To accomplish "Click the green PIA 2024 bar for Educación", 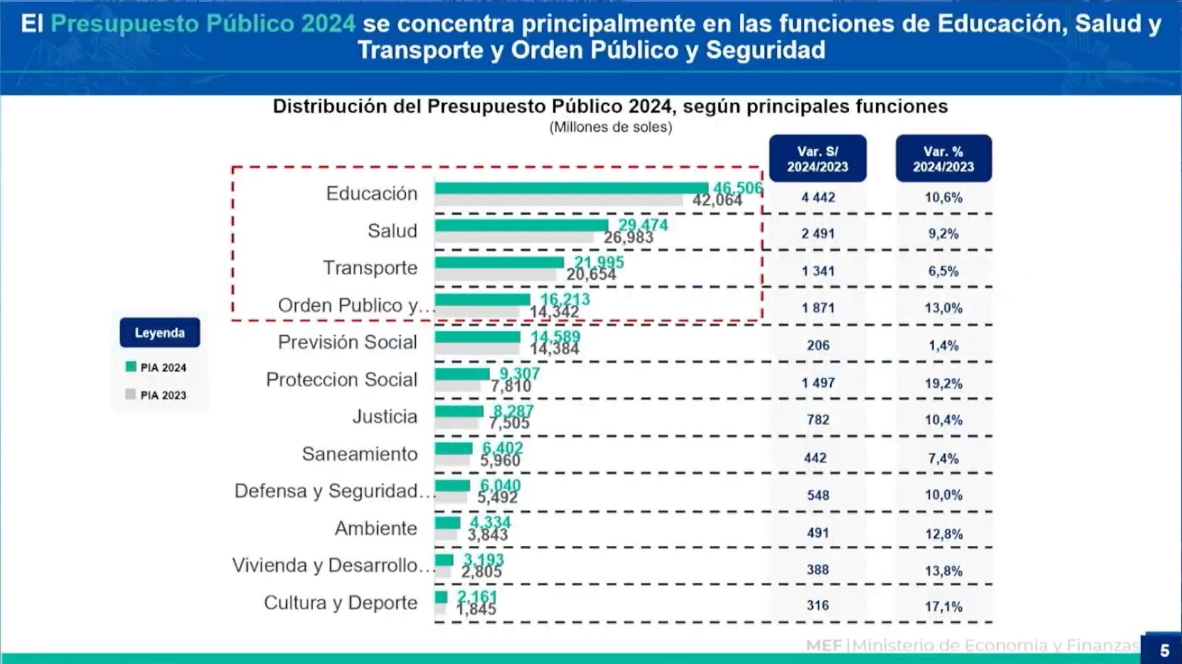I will coord(571,188).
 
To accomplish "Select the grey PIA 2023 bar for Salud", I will coord(513,238).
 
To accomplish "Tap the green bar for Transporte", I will coord(499,262).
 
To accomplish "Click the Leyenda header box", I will coord(160,333).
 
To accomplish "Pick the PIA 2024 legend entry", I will coord(157,367).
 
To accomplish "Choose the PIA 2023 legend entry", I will coord(157,395).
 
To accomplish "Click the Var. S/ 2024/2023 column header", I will coord(817,159).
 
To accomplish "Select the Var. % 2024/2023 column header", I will coord(943,159).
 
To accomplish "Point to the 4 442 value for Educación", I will coord(818,197).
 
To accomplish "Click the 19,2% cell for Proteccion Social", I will coord(943,384).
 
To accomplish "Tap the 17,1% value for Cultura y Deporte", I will coord(943,607).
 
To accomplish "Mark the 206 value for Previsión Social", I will coord(818,345).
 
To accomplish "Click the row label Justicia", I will coord(384,416).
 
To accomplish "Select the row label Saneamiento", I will coord(359,453).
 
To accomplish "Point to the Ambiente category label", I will coord(376,528).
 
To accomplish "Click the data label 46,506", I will coord(737,187).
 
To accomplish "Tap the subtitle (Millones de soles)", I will coord(610,127).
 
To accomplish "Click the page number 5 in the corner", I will coord(1164,650).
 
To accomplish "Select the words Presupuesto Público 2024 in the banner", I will coord(203,24).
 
